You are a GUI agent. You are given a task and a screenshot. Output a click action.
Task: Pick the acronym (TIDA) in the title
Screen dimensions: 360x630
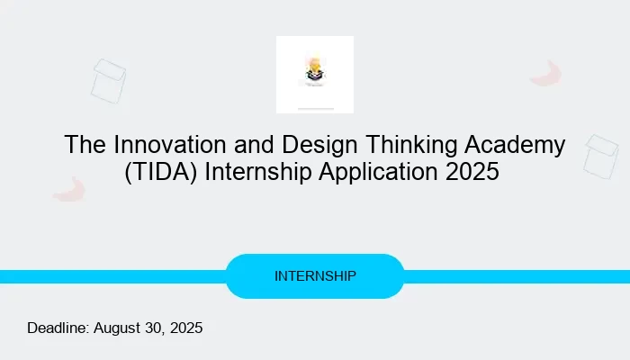[x=161, y=172]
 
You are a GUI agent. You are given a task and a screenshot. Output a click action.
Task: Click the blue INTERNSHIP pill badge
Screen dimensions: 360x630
[x=314, y=275]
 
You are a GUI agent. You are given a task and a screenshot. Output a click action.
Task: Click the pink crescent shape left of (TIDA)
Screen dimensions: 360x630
[x=68, y=189]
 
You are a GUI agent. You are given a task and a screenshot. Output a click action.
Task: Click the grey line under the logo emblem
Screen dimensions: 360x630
[x=315, y=109]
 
